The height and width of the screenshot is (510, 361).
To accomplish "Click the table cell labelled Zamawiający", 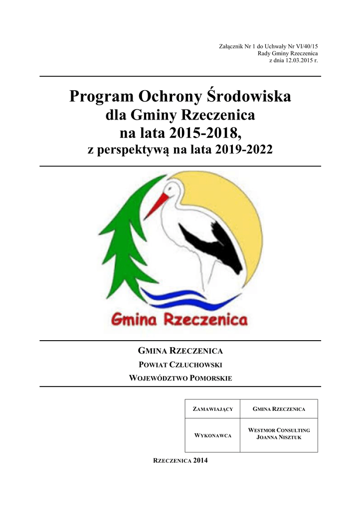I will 213,409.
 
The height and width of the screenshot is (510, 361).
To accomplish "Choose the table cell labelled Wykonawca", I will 213,436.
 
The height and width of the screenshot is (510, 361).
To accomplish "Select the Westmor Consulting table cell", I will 279,433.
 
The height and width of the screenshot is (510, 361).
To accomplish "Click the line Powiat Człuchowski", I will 180,364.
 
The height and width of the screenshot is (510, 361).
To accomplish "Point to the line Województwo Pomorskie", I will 180,379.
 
